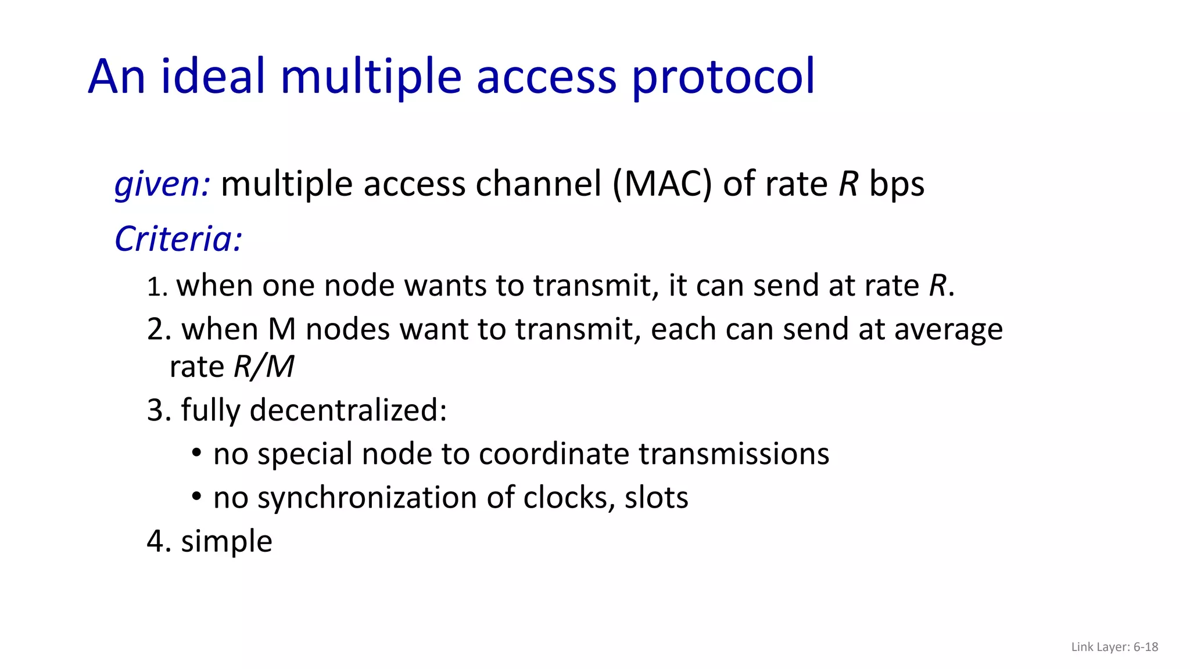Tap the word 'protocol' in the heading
(x=723, y=77)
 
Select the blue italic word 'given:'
(x=162, y=185)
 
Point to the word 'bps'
(x=896, y=185)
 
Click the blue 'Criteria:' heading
(x=178, y=239)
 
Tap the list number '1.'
(x=157, y=287)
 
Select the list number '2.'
(x=159, y=330)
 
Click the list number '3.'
(x=159, y=411)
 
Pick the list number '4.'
(x=159, y=541)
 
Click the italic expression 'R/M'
(x=264, y=367)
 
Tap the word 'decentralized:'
(x=348, y=411)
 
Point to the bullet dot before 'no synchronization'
(x=196, y=497)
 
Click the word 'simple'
(x=227, y=542)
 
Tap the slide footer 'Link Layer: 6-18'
(x=1114, y=647)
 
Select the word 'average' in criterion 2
(x=948, y=330)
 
